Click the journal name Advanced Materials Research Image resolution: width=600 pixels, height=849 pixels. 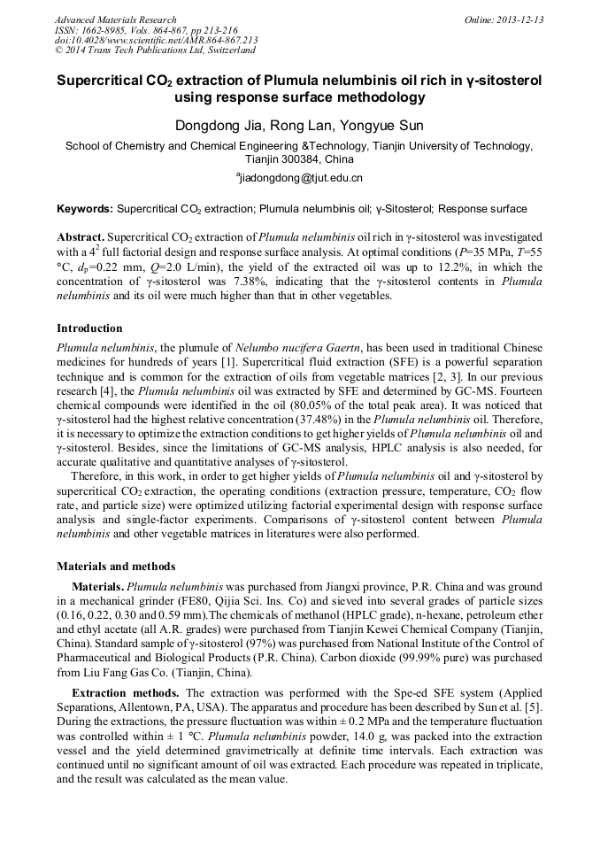click(115, 19)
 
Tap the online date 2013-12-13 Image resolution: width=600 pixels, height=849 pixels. click(519, 19)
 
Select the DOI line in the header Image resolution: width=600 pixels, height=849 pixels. click(157, 40)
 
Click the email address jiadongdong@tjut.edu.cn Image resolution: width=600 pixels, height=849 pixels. click(301, 178)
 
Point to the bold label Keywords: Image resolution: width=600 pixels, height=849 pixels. click(85, 210)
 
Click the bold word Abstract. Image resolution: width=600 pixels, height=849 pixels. click(80, 238)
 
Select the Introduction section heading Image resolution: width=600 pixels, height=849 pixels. click(89, 328)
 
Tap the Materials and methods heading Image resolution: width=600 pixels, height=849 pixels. click(115, 566)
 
